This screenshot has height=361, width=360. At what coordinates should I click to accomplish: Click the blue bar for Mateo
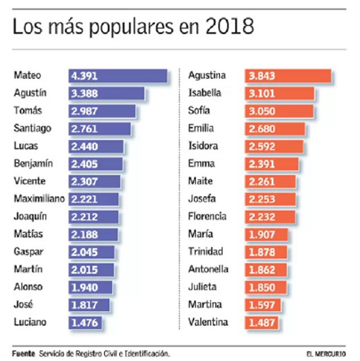tap(118, 76)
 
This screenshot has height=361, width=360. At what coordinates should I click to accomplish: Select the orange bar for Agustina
tap(288, 76)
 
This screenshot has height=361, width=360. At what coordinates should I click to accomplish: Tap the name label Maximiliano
tap(39, 199)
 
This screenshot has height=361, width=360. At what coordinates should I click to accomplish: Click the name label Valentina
tap(208, 322)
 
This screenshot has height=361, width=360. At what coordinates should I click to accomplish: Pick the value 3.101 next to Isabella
tap(261, 93)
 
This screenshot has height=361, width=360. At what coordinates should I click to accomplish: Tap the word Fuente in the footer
tap(23, 352)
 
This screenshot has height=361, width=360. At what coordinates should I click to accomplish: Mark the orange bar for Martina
tap(263, 305)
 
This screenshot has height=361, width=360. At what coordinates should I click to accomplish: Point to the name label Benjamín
tap(33, 164)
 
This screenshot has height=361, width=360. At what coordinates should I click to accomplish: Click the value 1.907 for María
tap(261, 234)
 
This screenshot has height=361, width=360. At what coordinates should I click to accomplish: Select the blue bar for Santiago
tap(100, 128)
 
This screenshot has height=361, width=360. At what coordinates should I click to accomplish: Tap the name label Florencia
tap(207, 217)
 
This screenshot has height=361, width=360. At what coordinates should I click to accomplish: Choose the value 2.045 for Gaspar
tap(85, 252)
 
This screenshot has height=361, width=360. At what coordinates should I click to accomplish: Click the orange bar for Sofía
tap(279, 111)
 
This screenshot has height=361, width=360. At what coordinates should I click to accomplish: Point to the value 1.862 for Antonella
tap(261, 269)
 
